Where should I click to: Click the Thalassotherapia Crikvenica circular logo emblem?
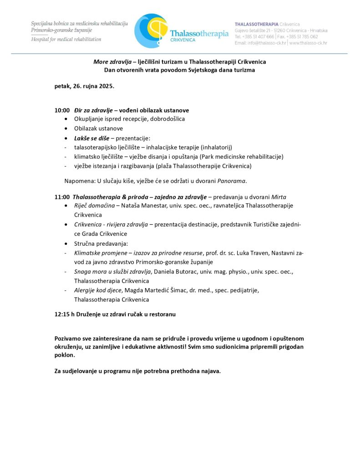pos(150,30)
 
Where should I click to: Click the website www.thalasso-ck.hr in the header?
pos(308,43)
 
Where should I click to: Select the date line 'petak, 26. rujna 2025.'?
pos(85,86)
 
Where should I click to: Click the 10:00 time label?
pos(62,110)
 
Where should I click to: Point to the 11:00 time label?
pos(62,197)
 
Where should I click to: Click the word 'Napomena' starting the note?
pos(79,181)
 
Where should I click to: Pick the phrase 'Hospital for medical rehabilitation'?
pos(66,40)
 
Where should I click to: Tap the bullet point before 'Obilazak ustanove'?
pos(66,129)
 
